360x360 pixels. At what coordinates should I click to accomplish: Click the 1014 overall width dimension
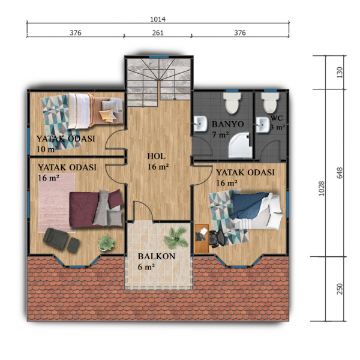tap(158, 19)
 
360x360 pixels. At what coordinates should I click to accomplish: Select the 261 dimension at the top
tap(158, 33)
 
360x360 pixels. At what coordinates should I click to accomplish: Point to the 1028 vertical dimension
tap(322, 188)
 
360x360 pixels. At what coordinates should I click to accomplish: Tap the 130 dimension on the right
tap(340, 73)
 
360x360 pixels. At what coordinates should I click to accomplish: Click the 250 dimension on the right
tap(340, 289)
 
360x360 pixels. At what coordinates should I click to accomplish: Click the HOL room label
tap(156, 157)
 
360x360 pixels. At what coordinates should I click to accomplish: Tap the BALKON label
tap(157, 256)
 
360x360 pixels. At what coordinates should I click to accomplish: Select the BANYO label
tap(227, 124)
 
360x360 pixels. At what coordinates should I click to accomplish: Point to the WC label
tap(277, 118)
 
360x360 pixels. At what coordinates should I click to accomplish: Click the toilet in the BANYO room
tap(233, 103)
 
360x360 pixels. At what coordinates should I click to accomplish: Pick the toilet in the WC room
tap(271, 103)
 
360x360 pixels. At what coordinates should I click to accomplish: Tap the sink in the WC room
tap(263, 125)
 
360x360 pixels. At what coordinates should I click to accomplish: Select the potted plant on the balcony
tap(176, 238)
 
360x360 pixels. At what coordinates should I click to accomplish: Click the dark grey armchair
tap(56, 238)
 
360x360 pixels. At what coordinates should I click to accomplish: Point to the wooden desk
tap(202, 239)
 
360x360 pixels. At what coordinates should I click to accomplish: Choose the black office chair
tap(215, 239)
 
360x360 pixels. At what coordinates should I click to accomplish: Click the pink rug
tap(56, 202)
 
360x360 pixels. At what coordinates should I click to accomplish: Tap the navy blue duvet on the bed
tap(249, 205)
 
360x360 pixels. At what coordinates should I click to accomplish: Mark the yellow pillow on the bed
tap(107, 115)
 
